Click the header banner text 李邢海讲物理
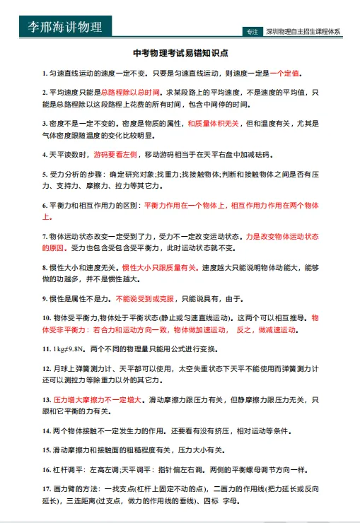click(x=64, y=27)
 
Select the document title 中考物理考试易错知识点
click(x=180, y=54)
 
